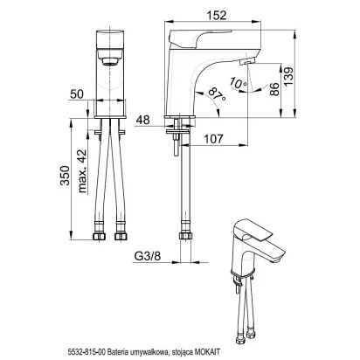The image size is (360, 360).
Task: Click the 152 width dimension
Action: (x=218, y=15)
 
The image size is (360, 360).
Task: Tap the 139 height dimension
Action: (x=288, y=76)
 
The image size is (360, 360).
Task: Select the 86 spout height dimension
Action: (x=274, y=89)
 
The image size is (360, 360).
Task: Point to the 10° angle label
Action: (x=238, y=83)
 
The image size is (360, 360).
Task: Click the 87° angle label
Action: (x=218, y=93)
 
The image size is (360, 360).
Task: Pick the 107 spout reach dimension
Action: (x=213, y=139)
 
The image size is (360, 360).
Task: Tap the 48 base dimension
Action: (x=142, y=120)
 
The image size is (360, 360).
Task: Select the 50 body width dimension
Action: (x=77, y=94)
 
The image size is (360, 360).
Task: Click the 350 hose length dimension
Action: (x=65, y=176)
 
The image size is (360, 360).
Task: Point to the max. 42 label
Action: (x=82, y=171)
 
